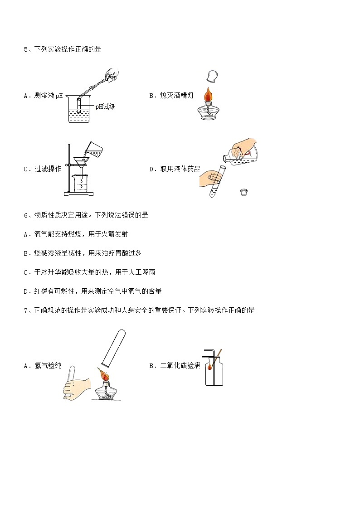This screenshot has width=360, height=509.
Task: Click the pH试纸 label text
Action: pos(105,107)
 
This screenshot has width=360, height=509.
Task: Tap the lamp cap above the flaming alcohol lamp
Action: pos(212,76)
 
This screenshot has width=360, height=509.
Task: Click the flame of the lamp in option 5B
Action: pos(208,94)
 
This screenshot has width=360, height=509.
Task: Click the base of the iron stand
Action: pos(78,194)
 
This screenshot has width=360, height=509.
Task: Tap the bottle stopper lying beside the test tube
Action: pos(244,192)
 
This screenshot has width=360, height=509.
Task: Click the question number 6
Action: pos(26,215)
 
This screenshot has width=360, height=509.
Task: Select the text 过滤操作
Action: pos(48,169)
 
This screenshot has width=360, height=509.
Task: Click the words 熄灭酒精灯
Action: pos(176,96)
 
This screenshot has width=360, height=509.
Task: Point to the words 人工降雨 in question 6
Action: pos(142,272)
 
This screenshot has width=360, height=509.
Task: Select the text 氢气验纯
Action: pos(48,365)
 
